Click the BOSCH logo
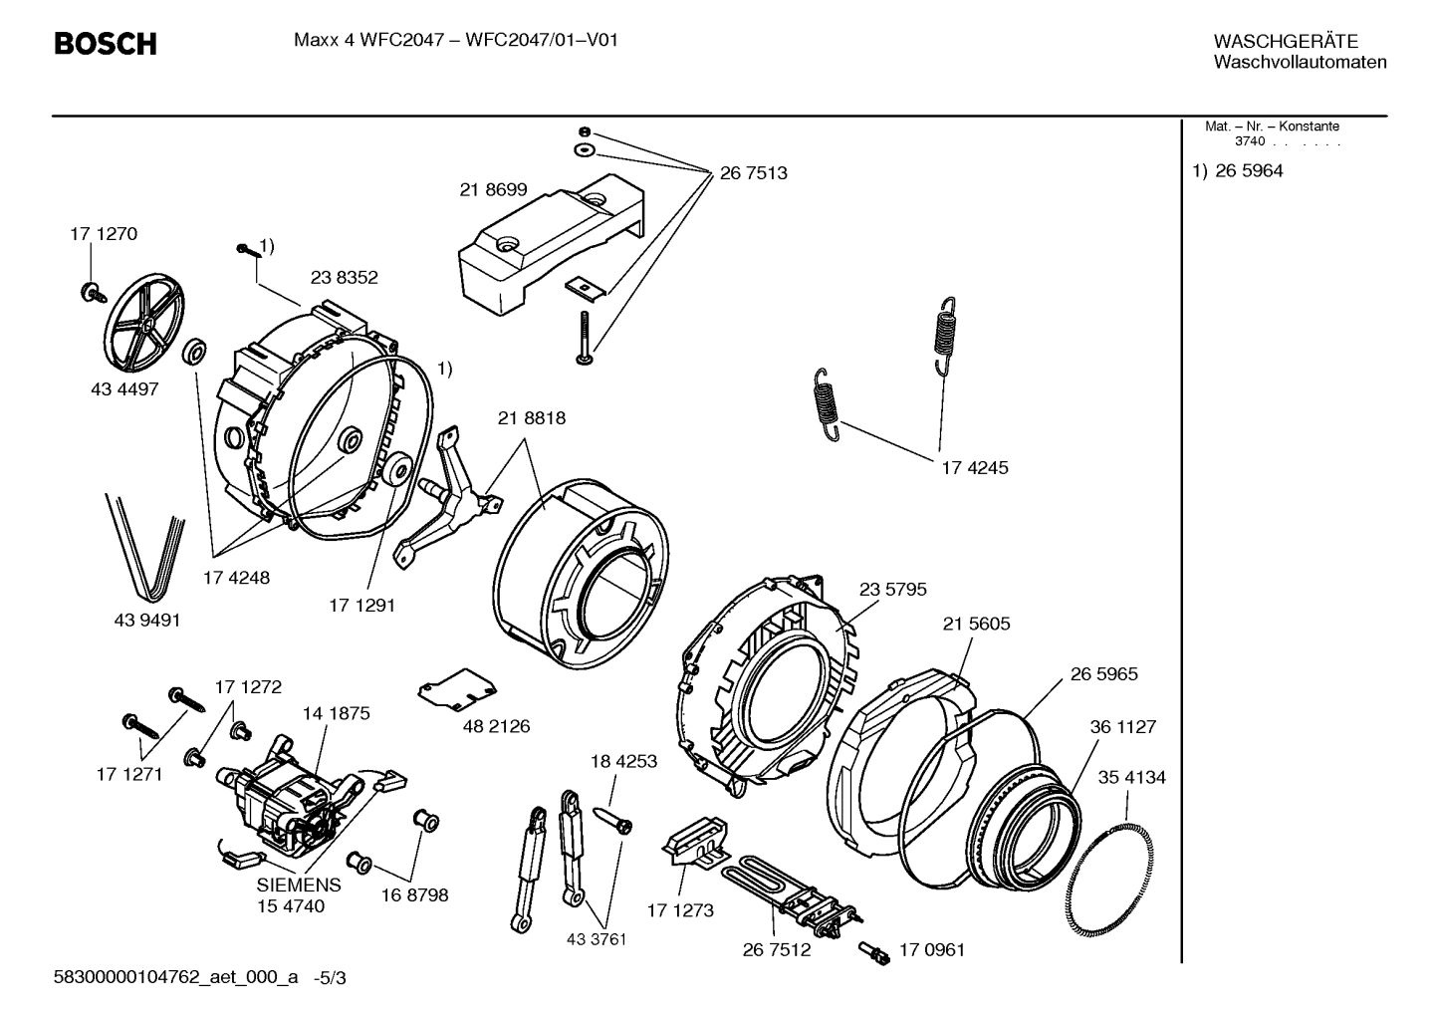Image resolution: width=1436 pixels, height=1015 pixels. pyautogui.click(x=105, y=44)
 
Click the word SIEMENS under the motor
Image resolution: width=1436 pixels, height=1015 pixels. pyautogui.click(x=299, y=885)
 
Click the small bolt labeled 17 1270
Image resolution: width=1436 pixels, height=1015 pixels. pyautogui.click(x=93, y=292)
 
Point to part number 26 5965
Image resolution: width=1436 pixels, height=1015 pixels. pyautogui.click(x=1103, y=674)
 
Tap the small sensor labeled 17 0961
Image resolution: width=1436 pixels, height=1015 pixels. pyautogui.click(x=876, y=953)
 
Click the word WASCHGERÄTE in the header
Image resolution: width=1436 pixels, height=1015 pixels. pyautogui.click(x=1286, y=42)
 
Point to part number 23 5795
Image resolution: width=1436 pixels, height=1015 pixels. pyautogui.click(x=892, y=590)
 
